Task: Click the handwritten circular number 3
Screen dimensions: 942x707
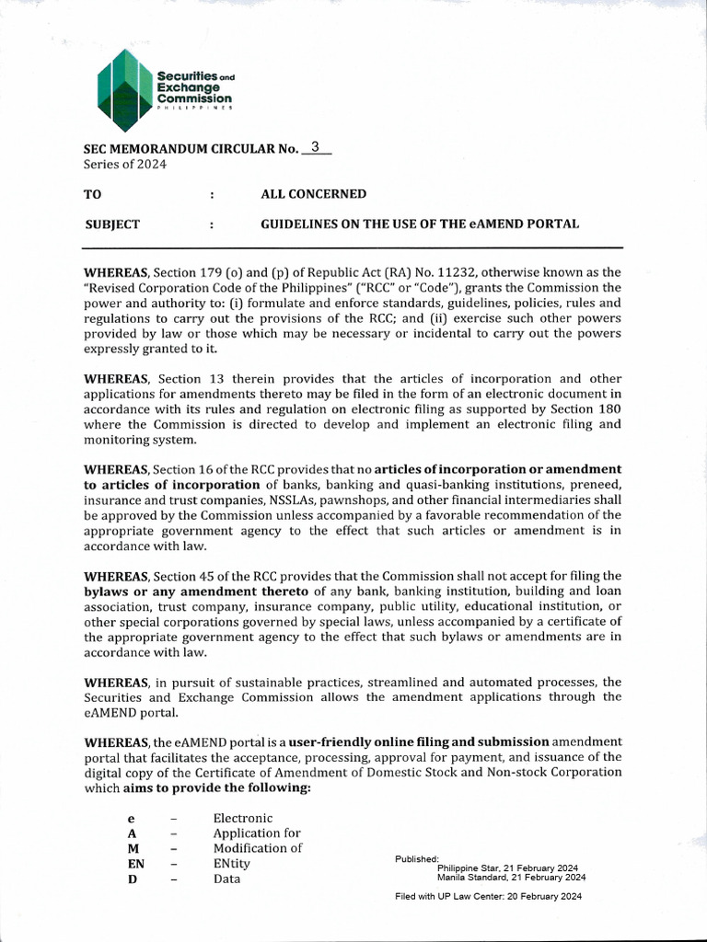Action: (x=316, y=146)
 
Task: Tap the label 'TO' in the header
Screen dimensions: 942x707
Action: (x=93, y=194)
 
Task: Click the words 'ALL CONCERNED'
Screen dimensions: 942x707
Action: (x=314, y=194)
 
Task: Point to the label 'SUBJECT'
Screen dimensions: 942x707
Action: (x=112, y=224)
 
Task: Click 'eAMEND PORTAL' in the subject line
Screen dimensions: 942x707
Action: (x=528, y=224)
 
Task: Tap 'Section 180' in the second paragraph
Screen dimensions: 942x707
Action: (x=585, y=408)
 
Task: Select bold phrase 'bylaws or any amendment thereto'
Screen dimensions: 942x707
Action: (x=196, y=591)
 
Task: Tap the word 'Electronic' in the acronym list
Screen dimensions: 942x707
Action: (x=243, y=818)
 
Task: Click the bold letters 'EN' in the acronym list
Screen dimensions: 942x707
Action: (x=136, y=864)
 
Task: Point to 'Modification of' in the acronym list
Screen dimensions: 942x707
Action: (x=258, y=848)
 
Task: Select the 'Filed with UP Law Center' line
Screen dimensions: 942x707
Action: (x=488, y=896)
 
